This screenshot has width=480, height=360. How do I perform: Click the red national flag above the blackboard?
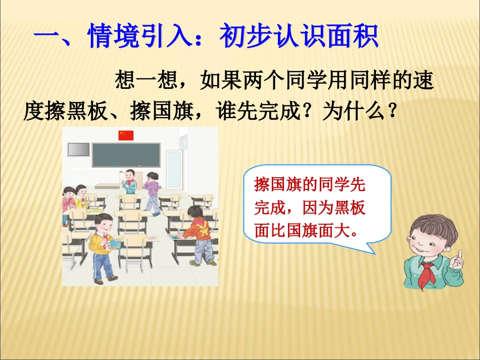click(126, 135)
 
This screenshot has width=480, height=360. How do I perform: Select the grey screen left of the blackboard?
click(79, 150)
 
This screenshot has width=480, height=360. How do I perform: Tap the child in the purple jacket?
click(152, 192)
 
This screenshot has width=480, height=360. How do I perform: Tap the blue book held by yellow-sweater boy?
click(115, 244)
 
